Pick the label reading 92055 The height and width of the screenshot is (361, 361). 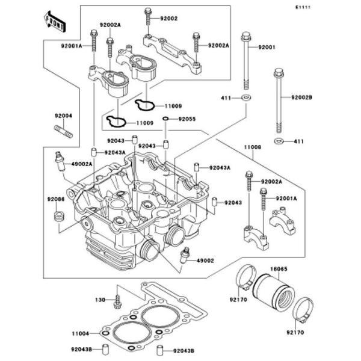tap(187, 119)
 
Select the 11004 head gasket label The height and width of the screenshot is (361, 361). tap(82, 332)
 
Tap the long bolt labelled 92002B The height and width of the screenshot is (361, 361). tap(279, 102)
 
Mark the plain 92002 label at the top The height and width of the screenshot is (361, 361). tap(169, 19)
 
